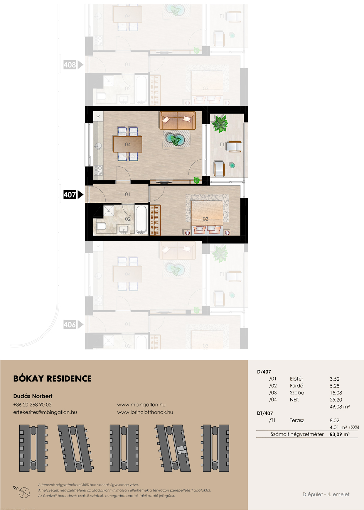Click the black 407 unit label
point(70,195)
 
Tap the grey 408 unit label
point(70,65)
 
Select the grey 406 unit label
point(70,325)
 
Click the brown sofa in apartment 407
point(178,120)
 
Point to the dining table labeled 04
point(128,144)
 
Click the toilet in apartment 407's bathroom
point(101,226)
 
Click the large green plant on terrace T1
point(220,123)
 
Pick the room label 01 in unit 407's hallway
point(127,194)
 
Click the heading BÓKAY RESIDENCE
point(53,379)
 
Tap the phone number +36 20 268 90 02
point(32,404)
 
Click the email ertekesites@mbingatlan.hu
point(45,412)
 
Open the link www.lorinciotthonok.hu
point(145,412)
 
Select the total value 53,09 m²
point(340,434)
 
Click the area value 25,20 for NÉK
point(336,400)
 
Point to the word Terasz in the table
point(297,420)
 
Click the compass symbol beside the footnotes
point(23,492)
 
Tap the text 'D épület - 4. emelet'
point(326,494)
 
